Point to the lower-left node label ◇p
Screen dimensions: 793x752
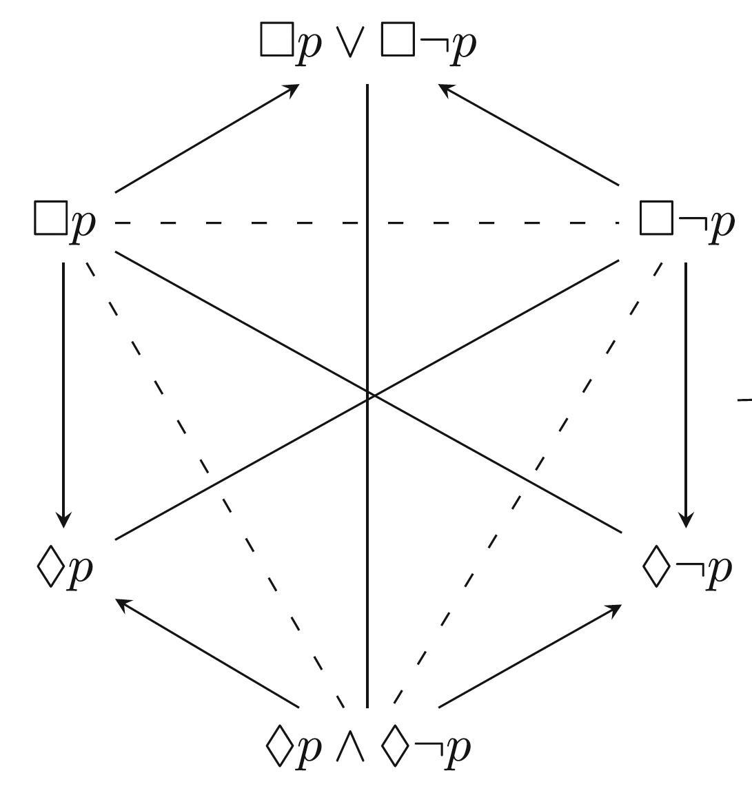coord(64,569)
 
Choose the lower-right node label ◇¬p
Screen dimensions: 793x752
coord(686,569)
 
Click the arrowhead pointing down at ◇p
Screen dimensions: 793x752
coord(63,521)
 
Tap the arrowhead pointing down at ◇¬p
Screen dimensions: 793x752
coord(686,521)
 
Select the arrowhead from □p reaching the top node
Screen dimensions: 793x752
coord(292,88)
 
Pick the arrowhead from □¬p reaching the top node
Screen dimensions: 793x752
coord(445,87)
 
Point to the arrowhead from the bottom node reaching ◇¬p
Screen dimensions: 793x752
coord(615,609)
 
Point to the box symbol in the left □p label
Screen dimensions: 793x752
coord(50,218)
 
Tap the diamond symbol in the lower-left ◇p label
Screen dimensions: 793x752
coord(49,569)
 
